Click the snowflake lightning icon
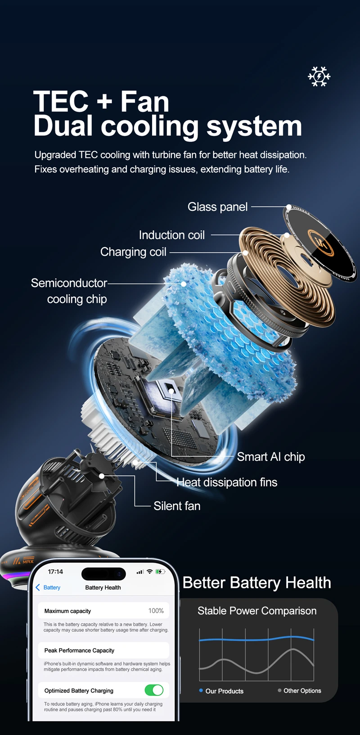pyautogui.click(x=319, y=77)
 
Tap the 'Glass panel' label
pyautogui.click(x=218, y=207)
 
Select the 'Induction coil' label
pyautogui.click(x=171, y=235)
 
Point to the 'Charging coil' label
pyautogui.click(x=133, y=252)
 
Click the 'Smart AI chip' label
pyautogui.click(x=271, y=456)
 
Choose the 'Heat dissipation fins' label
pyautogui.click(x=227, y=482)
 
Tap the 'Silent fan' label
pyautogui.click(x=177, y=505)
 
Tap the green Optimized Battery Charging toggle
pyautogui.click(x=154, y=690)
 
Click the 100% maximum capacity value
pyautogui.click(x=156, y=611)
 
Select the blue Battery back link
pyautogui.click(x=48, y=587)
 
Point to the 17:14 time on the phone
pyautogui.click(x=55, y=572)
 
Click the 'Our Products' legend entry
pyautogui.click(x=221, y=691)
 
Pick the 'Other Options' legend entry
pyautogui.click(x=299, y=690)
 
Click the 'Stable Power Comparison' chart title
pyautogui.click(x=257, y=611)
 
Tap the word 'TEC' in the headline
pyautogui.click(x=61, y=101)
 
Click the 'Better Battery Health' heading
pyautogui.click(x=256, y=583)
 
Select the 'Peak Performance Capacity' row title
pyautogui.click(x=79, y=650)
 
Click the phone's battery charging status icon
pyautogui.click(x=160, y=572)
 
